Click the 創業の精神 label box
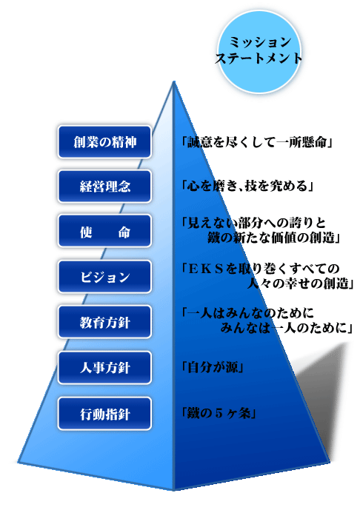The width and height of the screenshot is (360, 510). coord(104,142)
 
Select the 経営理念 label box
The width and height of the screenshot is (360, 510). coord(104,187)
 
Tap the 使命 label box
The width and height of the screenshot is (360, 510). coord(104,231)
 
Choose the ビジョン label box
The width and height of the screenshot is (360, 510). coord(104,277)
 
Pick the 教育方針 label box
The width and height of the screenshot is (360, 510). coord(104,322)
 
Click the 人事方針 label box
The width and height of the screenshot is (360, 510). coord(104,368)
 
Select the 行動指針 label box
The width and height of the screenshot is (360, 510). coord(104,414)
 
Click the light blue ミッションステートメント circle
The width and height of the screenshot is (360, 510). coord(259,52)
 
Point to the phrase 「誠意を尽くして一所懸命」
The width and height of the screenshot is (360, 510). coord(257,142)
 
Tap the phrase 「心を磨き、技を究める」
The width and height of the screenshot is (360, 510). coord(247,186)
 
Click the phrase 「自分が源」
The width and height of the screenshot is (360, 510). coord(213,368)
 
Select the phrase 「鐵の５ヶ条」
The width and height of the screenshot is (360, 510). coord(219,413)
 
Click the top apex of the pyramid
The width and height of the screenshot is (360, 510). coord(174,81)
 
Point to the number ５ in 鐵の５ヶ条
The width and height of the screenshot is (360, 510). coord(219,413)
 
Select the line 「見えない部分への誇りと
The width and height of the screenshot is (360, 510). coord(254,223)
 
